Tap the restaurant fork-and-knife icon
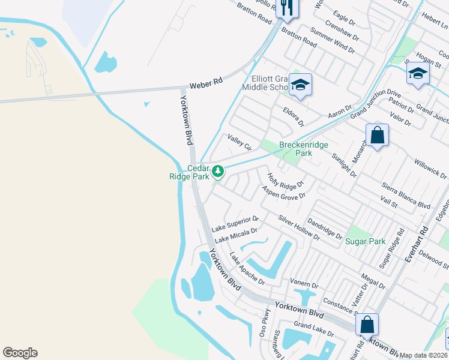pos(287,7)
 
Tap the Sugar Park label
pos(365,241)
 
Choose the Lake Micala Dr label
pos(236,235)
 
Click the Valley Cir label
pos(238,142)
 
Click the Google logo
pos(20,353)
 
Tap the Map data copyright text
pos(424,355)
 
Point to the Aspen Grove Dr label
pos(284,193)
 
